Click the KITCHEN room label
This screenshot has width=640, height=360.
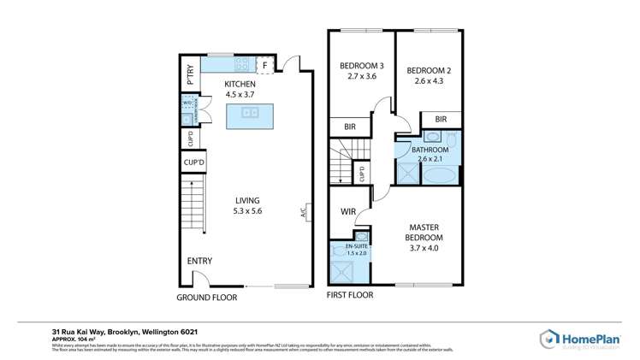click(x=240, y=84)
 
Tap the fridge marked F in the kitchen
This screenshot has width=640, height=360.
click(x=265, y=64)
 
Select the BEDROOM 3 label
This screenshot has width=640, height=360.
click(x=361, y=66)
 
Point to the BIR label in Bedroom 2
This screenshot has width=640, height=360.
click(x=441, y=119)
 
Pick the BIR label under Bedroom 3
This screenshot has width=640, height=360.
click(x=350, y=127)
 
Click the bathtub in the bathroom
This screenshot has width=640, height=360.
click(x=441, y=176)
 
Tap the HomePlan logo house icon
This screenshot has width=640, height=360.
click(x=548, y=339)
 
